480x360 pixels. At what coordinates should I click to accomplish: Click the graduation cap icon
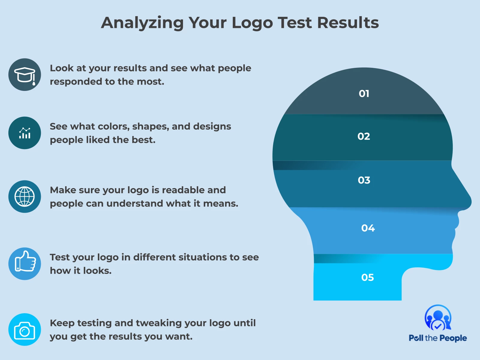(25, 75)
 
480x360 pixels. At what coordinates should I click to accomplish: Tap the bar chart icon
(25, 133)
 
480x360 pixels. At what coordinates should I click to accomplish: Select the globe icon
(25, 196)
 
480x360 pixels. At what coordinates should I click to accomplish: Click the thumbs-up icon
(25, 261)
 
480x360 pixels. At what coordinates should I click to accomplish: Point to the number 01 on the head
(364, 94)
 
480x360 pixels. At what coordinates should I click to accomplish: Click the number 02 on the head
(364, 136)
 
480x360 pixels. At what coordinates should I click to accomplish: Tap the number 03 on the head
(364, 180)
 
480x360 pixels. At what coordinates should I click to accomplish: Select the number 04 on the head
(368, 228)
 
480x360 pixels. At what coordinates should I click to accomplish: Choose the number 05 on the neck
(367, 277)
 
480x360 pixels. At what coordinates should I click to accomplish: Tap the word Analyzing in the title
(142, 23)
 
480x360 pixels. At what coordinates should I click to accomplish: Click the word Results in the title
(348, 23)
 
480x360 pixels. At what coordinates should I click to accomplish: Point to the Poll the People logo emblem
(438, 318)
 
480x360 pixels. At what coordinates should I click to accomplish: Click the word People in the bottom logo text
(453, 338)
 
